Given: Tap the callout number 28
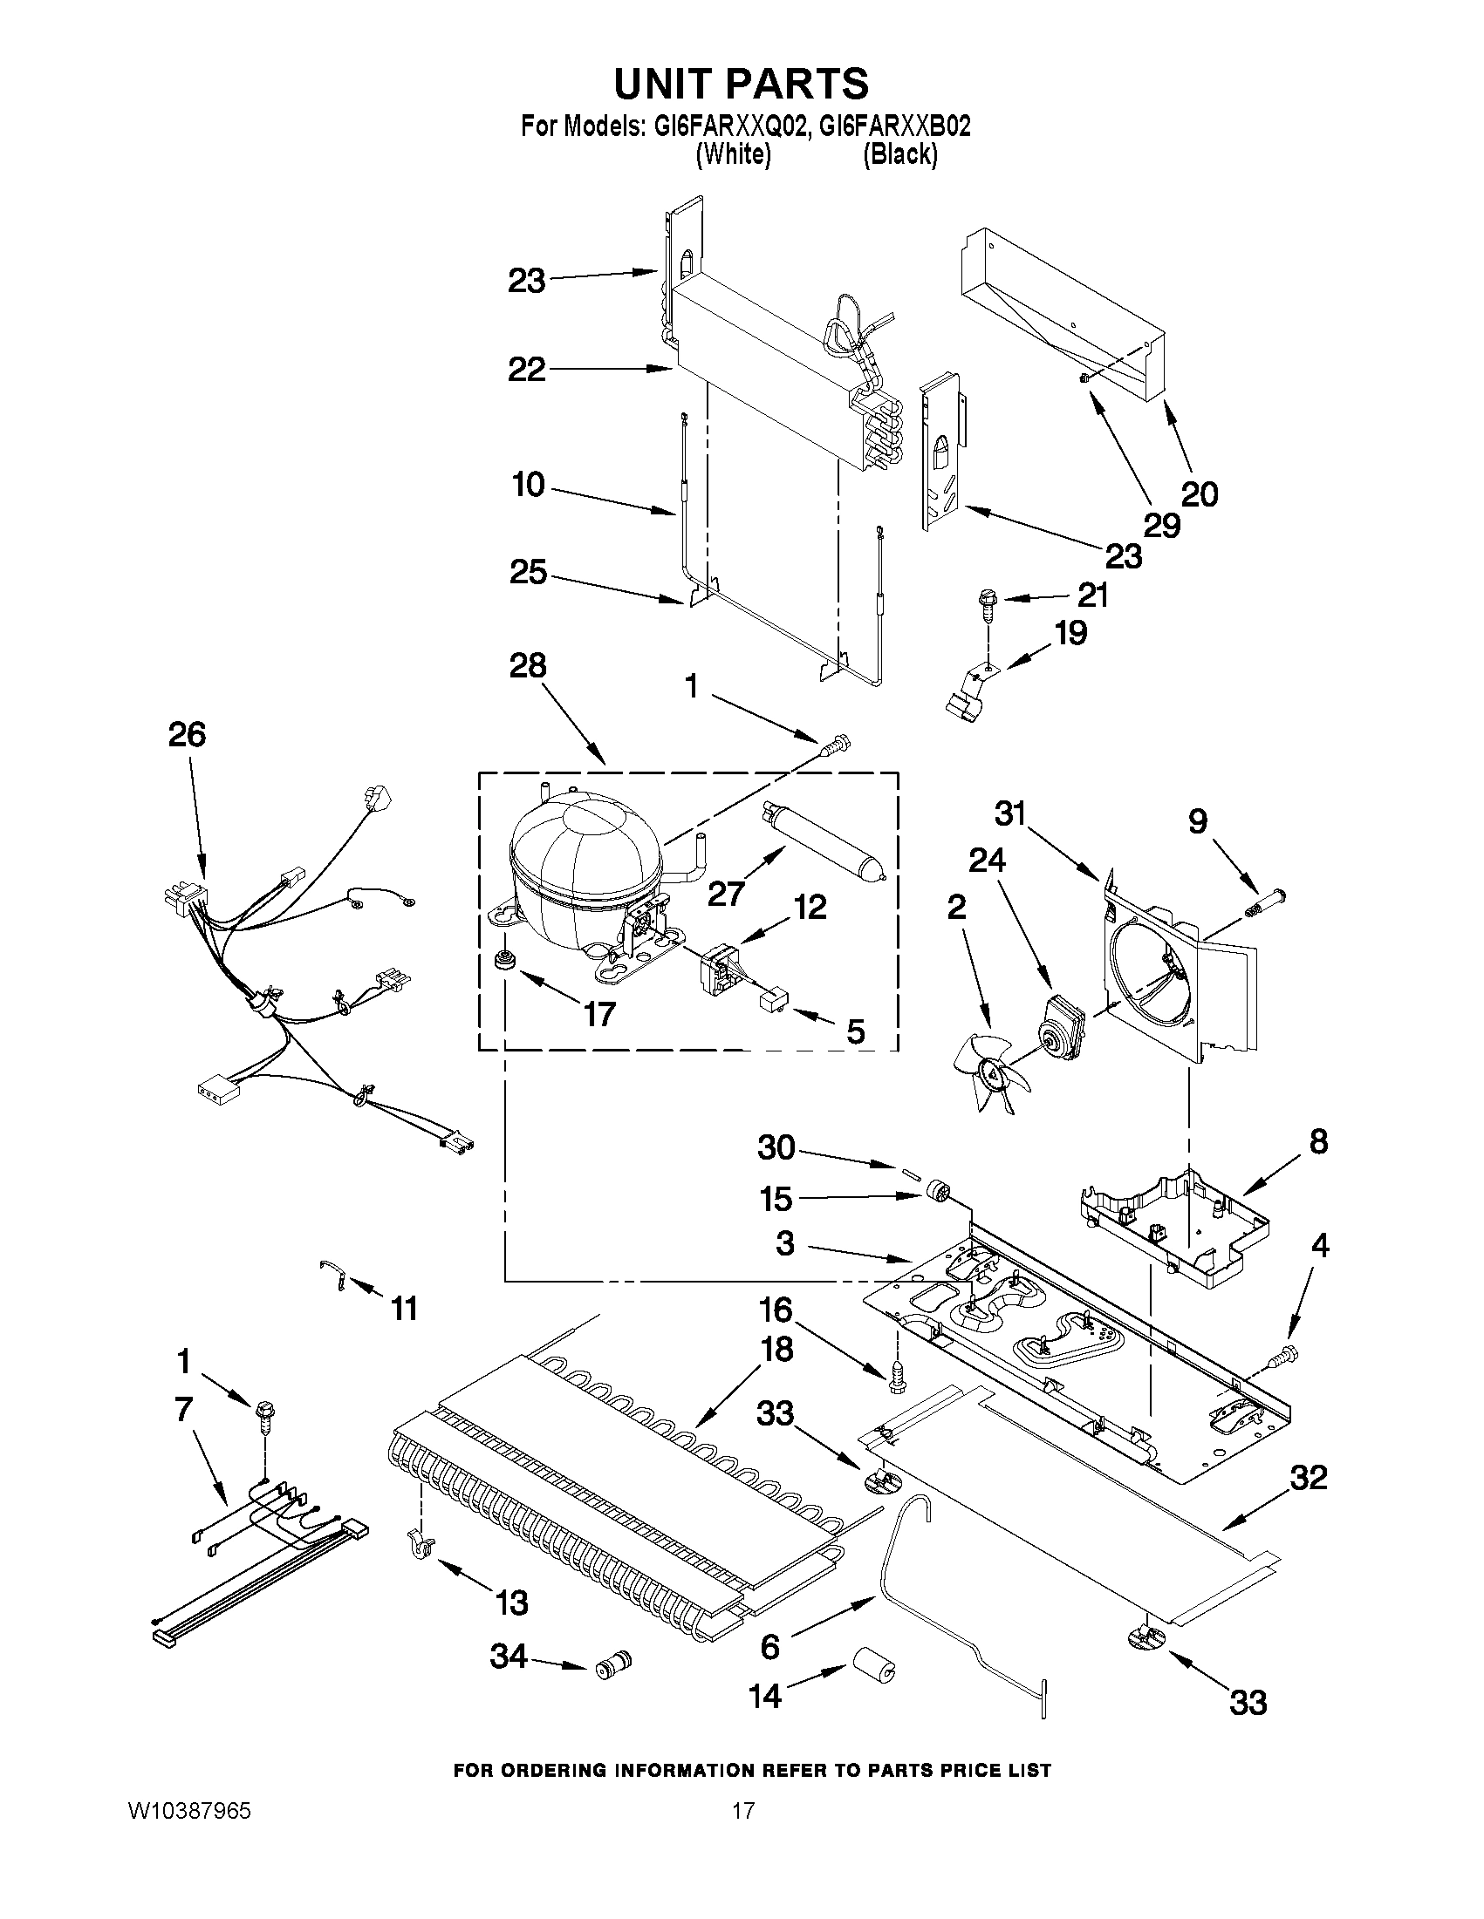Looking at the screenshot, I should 528,665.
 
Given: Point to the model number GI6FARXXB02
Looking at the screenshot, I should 895,126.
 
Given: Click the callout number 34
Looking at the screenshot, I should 508,1657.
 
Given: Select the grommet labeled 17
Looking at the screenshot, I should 504,959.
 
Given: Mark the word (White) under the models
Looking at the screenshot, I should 733,154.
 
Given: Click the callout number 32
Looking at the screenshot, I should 1308,1478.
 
